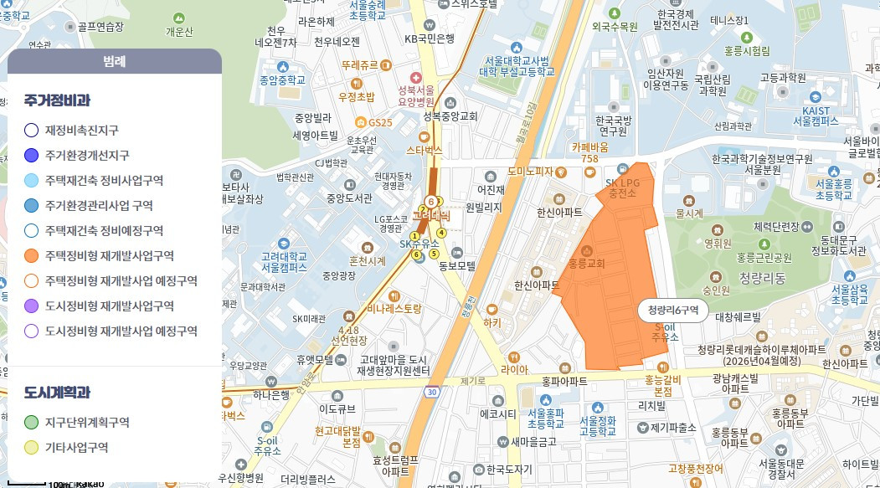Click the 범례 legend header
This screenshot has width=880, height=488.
coord(114,61)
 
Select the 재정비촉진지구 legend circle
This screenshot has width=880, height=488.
coord(32,130)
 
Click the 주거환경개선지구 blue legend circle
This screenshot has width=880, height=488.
coord(32,155)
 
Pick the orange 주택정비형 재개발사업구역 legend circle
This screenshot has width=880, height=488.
coord(32,255)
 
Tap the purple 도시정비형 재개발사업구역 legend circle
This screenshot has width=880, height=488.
coord(32,306)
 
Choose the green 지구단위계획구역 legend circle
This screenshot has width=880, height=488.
coord(32,423)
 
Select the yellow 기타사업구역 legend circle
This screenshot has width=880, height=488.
coord(32,448)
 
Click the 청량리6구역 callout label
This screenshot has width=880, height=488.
coord(673,311)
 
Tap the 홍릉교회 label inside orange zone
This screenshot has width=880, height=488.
coord(586,263)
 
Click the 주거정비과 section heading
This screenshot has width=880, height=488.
coord(57,100)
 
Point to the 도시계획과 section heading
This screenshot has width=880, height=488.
coord(57,393)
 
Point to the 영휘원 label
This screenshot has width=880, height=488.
coord(718,244)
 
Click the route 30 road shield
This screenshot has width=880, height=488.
coord(431,391)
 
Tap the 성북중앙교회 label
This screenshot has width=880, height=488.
coord(450,116)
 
